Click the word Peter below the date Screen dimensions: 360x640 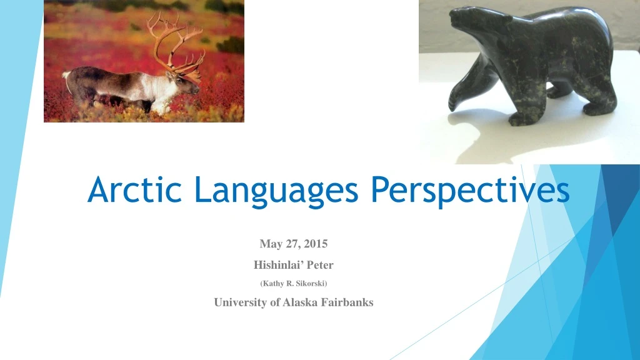coord(320,264)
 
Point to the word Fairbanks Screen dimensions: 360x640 coord(349,302)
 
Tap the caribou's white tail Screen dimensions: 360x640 coord(66,76)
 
